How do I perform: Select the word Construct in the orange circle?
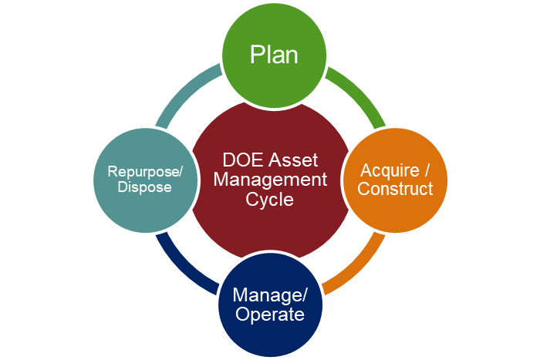pos(396,188)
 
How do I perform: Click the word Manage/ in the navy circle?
pos(270,295)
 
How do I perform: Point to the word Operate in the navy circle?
pos(269,315)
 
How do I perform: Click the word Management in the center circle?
pos(270,180)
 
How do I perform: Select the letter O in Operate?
pos(241,315)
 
